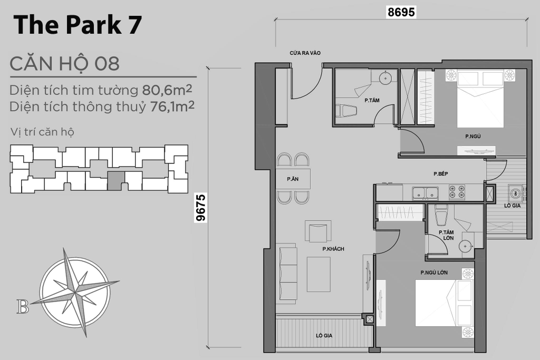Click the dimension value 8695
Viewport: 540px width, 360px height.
coord(401,12)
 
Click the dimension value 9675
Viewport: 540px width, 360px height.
coord(200,208)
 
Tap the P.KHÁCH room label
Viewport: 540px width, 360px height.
coord(333,249)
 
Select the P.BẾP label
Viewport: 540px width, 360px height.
coord(440,174)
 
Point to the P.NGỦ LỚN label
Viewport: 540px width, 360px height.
coord(434,272)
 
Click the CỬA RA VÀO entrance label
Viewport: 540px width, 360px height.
coord(305,53)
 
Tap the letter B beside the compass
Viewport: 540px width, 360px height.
coord(23,307)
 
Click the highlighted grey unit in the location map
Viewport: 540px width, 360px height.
coord(115,181)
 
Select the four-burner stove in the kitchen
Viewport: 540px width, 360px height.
coord(457,192)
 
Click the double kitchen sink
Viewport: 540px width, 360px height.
coord(426,192)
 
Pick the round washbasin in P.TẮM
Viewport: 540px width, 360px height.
coord(385,78)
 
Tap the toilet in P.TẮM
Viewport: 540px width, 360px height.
coord(346,111)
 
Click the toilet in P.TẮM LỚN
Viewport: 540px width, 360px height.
coord(441,215)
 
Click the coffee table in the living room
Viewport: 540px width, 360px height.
coord(319,274)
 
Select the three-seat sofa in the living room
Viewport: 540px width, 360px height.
coord(287,273)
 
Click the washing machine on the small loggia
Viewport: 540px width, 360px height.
coord(515,193)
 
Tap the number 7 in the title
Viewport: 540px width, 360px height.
coord(135,24)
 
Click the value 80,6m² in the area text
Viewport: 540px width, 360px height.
coord(167,90)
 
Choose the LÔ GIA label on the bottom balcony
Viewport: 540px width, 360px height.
coord(324,335)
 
